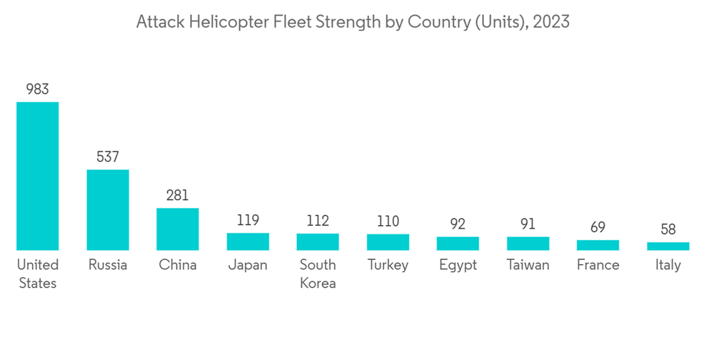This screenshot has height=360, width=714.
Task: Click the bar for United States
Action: [x=38, y=176]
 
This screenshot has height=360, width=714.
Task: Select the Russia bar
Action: [x=108, y=209]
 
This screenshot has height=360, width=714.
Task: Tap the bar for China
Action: [x=178, y=229]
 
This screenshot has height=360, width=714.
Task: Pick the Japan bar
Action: [x=248, y=241]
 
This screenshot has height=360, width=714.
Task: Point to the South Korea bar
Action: [x=318, y=241]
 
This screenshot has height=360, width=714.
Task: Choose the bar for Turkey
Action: [x=388, y=242]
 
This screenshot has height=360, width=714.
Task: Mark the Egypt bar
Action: [x=458, y=244]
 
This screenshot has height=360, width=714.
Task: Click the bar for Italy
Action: [x=668, y=246]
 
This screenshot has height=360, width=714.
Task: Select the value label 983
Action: [x=38, y=89]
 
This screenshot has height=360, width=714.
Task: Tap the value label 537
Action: [x=108, y=156]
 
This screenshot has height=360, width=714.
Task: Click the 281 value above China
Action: [x=178, y=195]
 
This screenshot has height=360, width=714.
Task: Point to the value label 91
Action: [x=528, y=224]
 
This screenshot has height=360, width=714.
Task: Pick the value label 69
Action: [x=598, y=227]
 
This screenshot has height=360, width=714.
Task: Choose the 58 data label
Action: [x=668, y=229]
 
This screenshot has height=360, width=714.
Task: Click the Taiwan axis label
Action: [x=528, y=265]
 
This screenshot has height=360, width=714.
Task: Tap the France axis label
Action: [x=598, y=265]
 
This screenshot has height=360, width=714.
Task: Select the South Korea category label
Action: [x=318, y=274]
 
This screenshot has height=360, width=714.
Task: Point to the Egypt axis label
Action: [x=458, y=266]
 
